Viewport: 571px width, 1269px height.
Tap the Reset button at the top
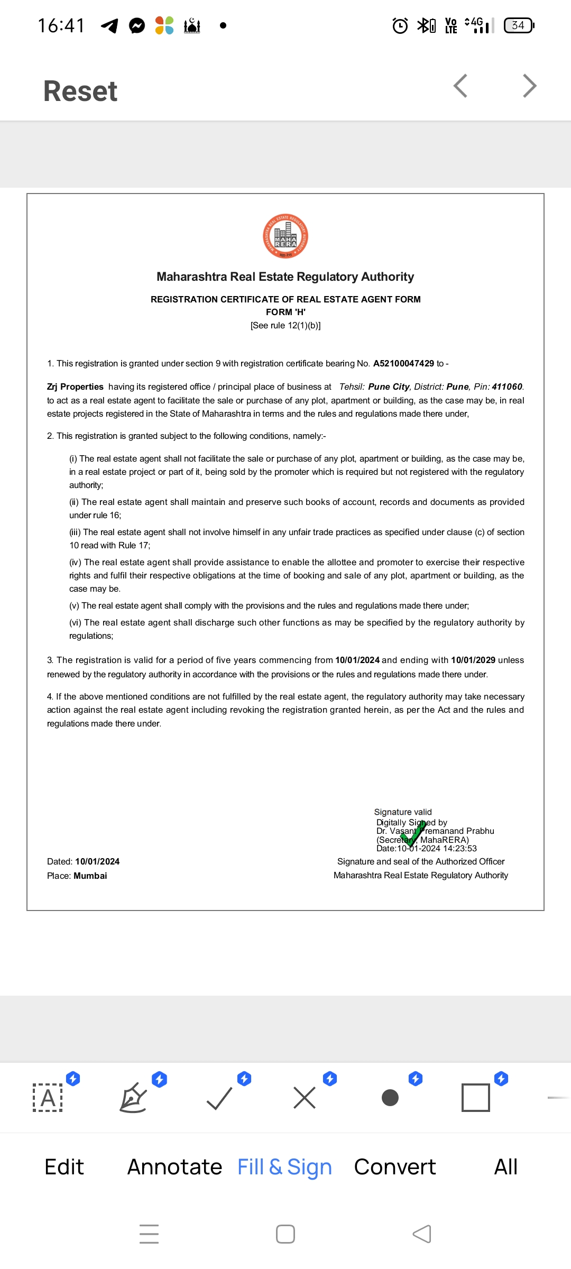(80, 91)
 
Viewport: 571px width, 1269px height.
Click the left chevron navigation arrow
(461, 86)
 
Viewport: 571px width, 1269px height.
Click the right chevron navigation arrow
(529, 86)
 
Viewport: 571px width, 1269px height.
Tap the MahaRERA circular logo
(285, 236)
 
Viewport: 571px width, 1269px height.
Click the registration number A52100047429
(403, 364)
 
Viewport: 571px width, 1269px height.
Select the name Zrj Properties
(75, 387)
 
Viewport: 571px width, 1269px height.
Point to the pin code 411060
(506, 387)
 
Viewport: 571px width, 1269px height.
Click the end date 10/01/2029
(473, 660)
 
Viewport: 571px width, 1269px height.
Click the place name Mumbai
(90, 876)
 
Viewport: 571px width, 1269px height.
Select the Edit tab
(64, 1167)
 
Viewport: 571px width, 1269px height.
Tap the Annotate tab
(174, 1167)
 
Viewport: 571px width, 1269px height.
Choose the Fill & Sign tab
(284, 1167)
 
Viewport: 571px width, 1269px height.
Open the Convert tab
(395, 1167)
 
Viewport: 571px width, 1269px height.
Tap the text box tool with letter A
(48, 1098)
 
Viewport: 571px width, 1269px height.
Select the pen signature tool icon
(133, 1098)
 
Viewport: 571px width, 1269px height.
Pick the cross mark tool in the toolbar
(305, 1098)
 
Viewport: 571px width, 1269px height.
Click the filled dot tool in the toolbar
(390, 1098)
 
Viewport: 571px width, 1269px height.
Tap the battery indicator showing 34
(519, 25)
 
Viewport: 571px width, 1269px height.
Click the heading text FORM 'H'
(285, 312)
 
